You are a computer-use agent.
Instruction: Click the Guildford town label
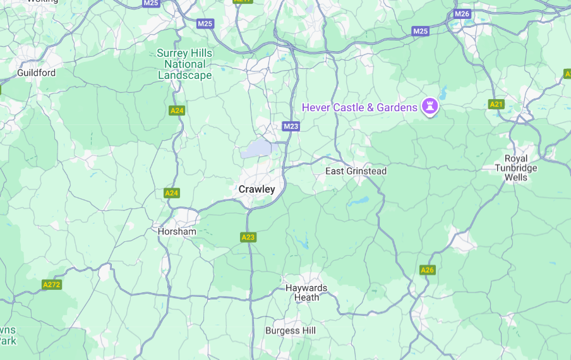click(x=36, y=73)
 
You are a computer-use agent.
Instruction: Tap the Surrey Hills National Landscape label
click(x=184, y=64)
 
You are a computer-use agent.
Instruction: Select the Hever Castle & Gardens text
click(x=359, y=107)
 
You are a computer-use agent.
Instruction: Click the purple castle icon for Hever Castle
click(x=431, y=107)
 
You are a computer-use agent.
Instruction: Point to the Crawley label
click(x=256, y=189)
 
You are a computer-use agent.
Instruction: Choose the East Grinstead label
click(x=356, y=171)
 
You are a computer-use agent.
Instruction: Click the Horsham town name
click(x=177, y=232)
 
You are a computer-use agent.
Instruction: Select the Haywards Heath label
click(x=306, y=292)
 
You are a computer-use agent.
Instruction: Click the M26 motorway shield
click(x=462, y=14)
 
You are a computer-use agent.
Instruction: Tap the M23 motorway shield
click(x=291, y=126)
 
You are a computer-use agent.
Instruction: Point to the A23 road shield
click(x=248, y=237)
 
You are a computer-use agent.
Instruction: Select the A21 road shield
click(x=496, y=104)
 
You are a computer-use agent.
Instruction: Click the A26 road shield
click(x=428, y=270)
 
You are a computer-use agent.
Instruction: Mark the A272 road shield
click(x=52, y=285)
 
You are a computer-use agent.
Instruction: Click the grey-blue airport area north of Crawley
click(x=256, y=149)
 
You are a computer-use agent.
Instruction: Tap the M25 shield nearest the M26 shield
click(x=421, y=31)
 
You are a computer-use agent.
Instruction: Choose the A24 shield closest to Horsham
click(x=172, y=193)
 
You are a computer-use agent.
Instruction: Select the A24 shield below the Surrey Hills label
click(x=177, y=111)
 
